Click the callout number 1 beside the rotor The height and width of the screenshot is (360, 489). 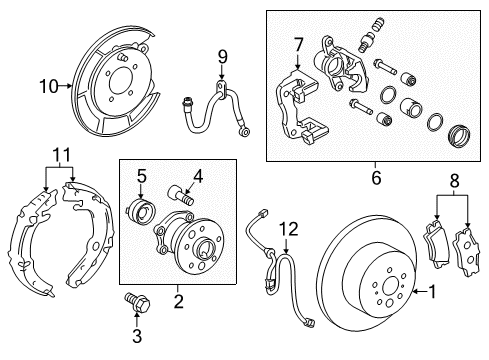click(x=433, y=294)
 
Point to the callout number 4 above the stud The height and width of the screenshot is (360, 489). click(x=197, y=178)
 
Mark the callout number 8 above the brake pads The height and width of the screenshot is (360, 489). click(x=456, y=210)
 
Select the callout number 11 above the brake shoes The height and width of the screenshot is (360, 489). click(x=62, y=157)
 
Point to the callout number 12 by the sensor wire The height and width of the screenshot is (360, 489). click(x=288, y=228)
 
